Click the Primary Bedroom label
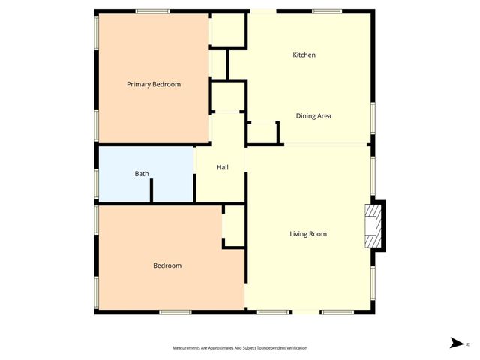pyautogui.click(x=154, y=84)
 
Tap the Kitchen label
pyautogui.click(x=304, y=55)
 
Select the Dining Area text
pyautogui.click(x=313, y=115)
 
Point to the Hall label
pyautogui.click(x=223, y=167)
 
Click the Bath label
pyautogui.click(x=142, y=174)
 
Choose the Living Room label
pyautogui.click(x=308, y=234)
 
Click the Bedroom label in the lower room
pyautogui.click(x=167, y=265)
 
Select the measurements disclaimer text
pyautogui.click(x=240, y=348)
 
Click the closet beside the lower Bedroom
pyautogui.click(x=234, y=226)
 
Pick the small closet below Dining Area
pyautogui.click(x=262, y=133)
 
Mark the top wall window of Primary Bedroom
pyautogui.click(x=152, y=10)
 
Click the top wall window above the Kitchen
pyautogui.click(x=328, y=10)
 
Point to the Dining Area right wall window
pyautogui.click(x=373, y=119)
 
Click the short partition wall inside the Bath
pyautogui.click(x=151, y=190)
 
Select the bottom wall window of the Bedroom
pyautogui.click(x=175, y=311)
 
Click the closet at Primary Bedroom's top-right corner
pyautogui.click(x=229, y=30)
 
